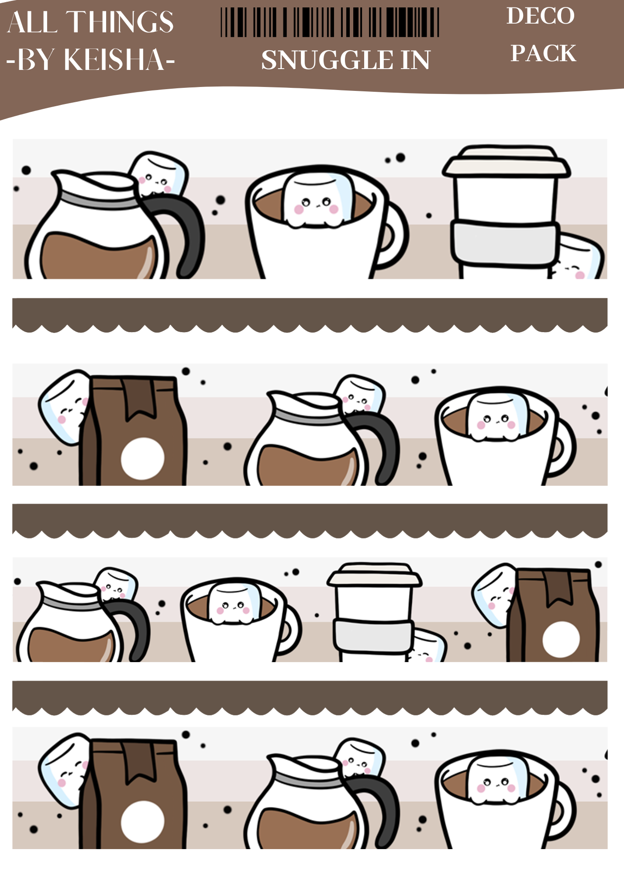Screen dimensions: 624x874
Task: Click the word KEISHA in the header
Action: tap(114, 59)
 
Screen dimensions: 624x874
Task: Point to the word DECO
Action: tap(541, 16)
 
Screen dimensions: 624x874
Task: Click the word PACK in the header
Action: tap(543, 53)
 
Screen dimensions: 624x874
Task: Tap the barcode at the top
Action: tap(330, 22)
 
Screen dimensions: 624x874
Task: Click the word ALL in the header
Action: tap(32, 22)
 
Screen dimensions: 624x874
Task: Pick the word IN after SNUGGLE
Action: tap(415, 60)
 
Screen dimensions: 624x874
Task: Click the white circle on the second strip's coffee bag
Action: tap(143, 458)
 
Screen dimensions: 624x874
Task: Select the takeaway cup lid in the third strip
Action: tap(375, 575)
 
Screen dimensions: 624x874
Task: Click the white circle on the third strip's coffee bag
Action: tap(561, 639)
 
